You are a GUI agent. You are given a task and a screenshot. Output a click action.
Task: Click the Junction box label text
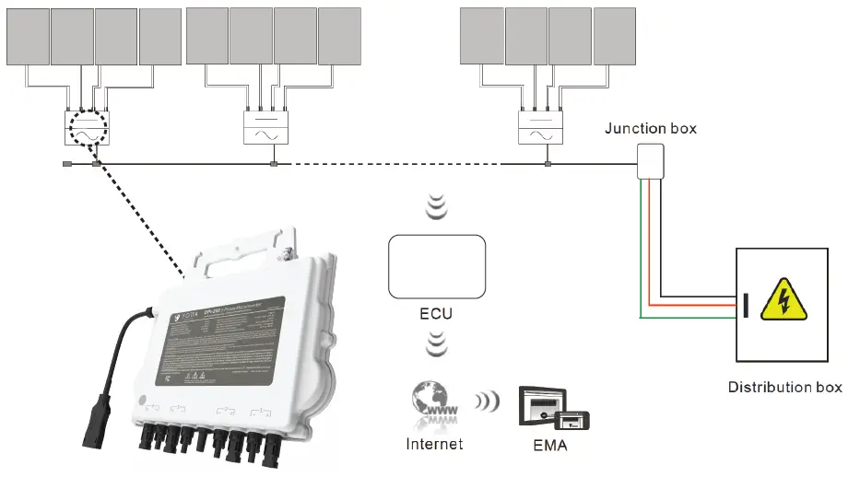[x=650, y=128]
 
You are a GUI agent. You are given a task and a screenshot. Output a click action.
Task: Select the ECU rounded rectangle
[x=437, y=266]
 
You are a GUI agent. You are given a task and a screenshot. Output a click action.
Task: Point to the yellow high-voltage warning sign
[x=783, y=299]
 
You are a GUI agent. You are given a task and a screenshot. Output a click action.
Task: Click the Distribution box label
[x=784, y=387]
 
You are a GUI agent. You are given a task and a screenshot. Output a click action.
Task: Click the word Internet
[x=434, y=444]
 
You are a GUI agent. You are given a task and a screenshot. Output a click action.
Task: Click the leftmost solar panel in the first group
[x=27, y=37]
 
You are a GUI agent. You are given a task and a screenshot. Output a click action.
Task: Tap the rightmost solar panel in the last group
[x=615, y=37]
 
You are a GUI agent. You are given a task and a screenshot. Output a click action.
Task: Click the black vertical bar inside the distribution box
[x=746, y=303]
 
